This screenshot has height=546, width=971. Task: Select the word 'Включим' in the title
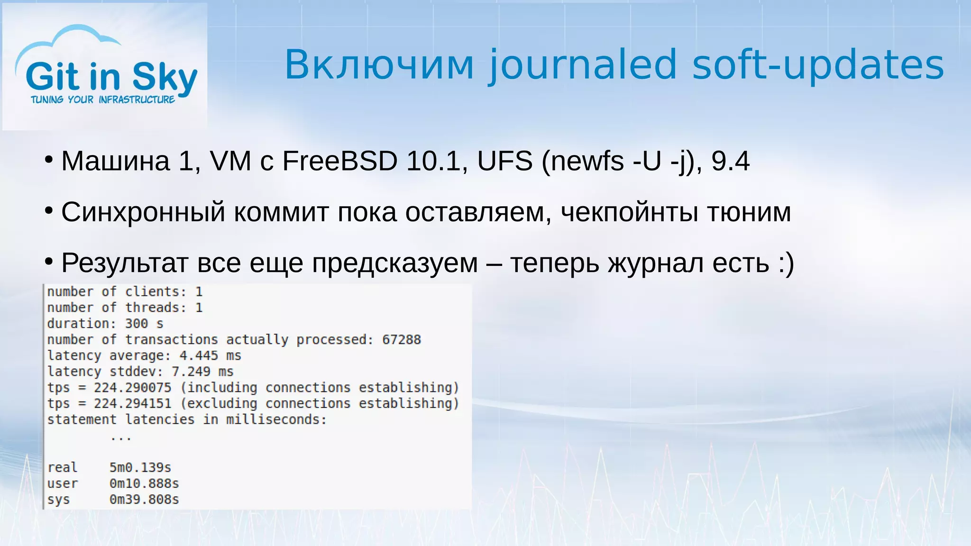379,65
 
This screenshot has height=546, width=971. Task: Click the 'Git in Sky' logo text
111,77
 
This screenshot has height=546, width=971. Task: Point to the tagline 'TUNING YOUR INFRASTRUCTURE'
103,100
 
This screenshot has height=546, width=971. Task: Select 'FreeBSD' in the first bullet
339,161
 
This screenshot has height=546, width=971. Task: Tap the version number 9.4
731,161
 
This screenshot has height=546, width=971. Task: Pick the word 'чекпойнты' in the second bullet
630,212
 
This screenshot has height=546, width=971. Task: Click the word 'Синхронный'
143,212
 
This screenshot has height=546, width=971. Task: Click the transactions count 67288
401,340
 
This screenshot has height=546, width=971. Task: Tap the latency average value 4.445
199,356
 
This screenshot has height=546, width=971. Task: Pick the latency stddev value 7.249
191,372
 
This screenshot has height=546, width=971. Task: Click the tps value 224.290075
132,388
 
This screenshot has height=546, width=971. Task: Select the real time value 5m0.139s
140,468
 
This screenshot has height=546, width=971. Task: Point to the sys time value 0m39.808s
144,500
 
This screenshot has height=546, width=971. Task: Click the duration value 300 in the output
136,324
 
